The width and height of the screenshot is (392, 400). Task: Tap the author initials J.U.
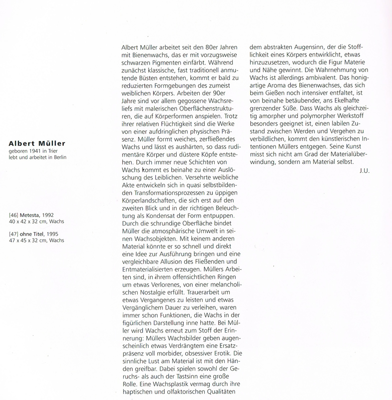(364, 172)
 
